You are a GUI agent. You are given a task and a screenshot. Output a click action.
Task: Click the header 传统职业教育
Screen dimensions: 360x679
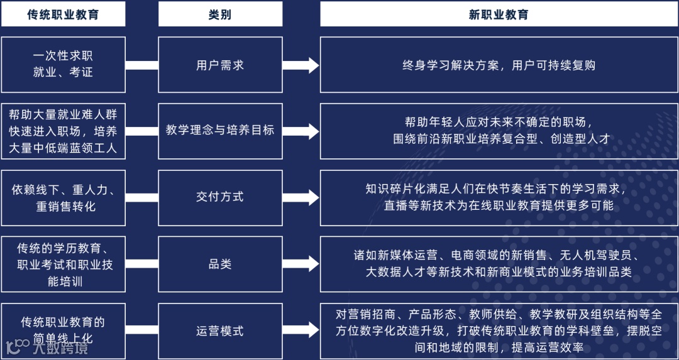pyautogui.click(x=63, y=14)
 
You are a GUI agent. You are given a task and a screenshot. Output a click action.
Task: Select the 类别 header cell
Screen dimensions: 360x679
pyautogui.click(x=220, y=14)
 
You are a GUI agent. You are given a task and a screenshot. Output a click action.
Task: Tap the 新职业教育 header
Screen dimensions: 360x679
pyautogui.click(x=499, y=14)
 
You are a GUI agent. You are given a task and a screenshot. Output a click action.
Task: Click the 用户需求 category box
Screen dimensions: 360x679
pyautogui.click(x=220, y=65)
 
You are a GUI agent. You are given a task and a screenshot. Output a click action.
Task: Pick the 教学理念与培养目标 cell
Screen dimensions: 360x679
pyautogui.click(x=220, y=131)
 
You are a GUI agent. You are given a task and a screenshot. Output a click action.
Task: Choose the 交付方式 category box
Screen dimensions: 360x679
pyautogui.click(x=220, y=197)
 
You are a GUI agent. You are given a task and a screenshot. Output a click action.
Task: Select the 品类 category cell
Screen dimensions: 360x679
pyautogui.click(x=220, y=264)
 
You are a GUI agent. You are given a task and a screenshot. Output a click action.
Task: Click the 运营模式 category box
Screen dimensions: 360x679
pyautogui.click(x=220, y=331)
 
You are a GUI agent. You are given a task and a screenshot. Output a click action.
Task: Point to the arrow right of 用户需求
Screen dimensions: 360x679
pyautogui.click(x=301, y=65)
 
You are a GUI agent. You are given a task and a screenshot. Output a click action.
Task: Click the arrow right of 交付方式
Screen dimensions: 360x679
pyautogui.click(x=301, y=197)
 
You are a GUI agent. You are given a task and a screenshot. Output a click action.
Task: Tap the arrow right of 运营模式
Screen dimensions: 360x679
pyautogui.click(x=301, y=331)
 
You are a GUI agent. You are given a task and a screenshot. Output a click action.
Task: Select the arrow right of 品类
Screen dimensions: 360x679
pyautogui.click(x=301, y=264)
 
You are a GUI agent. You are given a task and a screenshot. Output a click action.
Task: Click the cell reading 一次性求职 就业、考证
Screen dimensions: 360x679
pyautogui.click(x=63, y=64)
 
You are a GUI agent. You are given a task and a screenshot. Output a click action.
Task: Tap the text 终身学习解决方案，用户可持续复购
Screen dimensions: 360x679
pyautogui.click(x=499, y=65)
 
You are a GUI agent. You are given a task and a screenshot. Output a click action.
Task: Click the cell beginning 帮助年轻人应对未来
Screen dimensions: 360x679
pyautogui.click(x=499, y=131)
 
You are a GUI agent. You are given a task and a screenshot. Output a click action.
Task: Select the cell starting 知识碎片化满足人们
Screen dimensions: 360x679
pyautogui.click(x=499, y=197)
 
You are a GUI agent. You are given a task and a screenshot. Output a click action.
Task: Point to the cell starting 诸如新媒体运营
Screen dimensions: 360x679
pyautogui.click(x=499, y=264)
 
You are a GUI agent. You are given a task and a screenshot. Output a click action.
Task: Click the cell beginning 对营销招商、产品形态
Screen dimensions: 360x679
pyautogui.click(x=499, y=331)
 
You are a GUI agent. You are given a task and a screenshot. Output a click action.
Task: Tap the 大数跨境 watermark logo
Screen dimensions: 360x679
pyautogui.click(x=47, y=346)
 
